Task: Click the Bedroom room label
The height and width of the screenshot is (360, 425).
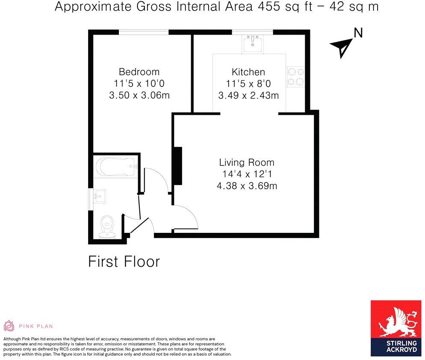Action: (139, 72)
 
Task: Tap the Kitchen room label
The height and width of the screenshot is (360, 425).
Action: (248, 72)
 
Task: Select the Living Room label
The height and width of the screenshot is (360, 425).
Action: (247, 163)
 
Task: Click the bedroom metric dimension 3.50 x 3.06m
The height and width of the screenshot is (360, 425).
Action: (139, 95)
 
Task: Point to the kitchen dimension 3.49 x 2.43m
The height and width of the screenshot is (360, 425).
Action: (248, 95)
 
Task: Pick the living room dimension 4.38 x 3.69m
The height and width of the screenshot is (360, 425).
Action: (247, 186)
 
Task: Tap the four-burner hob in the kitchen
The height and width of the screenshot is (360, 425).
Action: (295, 77)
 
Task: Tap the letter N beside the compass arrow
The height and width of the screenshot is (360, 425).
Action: (358, 33)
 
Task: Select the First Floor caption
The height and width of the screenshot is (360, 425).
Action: (124, 262)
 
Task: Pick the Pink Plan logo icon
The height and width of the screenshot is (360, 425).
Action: (9, 326)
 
